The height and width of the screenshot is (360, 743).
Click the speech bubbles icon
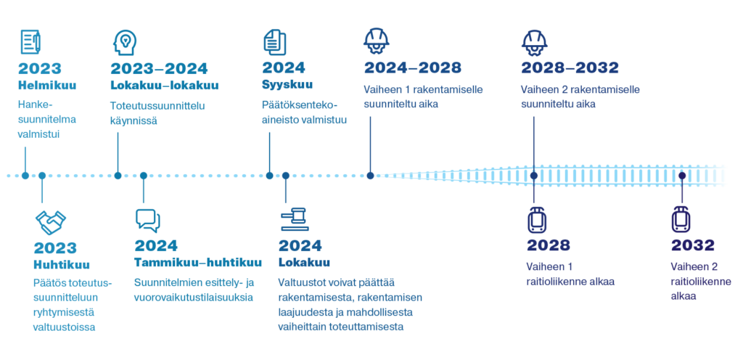click(147, 220)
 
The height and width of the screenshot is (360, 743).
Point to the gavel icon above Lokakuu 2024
click(294, 218)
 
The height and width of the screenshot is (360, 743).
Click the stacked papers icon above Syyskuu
click(275, 41)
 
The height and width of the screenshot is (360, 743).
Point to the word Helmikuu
click(47, 86)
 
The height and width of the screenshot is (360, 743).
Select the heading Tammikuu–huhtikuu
click(197, 263)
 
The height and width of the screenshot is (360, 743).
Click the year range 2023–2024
click(159, 69)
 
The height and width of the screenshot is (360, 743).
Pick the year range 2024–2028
click(412, 68)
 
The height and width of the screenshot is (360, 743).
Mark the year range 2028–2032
click(570, 68)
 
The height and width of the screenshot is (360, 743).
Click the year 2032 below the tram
click(692, 245)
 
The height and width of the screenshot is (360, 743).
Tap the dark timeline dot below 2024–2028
click(370, 176)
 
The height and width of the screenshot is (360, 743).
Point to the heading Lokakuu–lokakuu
click(164, 86)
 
